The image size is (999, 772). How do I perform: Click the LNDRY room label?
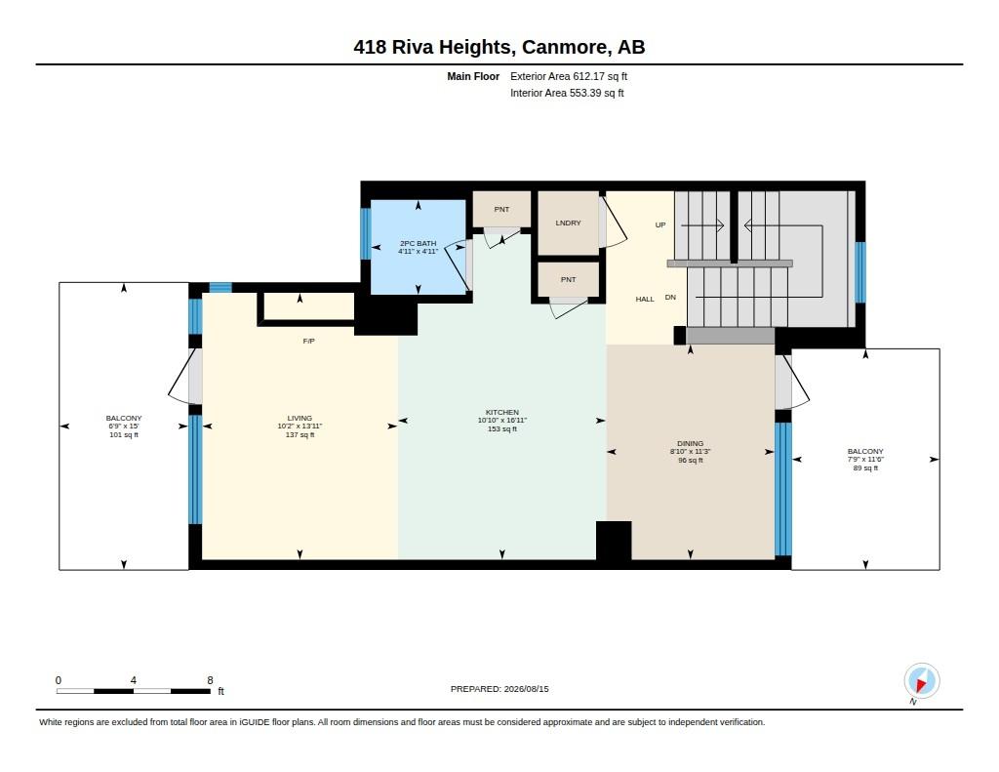568,223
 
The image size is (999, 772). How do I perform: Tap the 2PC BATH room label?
418,244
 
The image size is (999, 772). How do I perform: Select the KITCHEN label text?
502,413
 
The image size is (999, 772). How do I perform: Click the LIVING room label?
300,418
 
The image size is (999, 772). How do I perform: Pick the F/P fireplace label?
308,341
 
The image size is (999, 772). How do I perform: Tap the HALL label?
645,299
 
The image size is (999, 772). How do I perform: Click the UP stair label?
660,225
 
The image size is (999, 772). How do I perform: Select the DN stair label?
670,297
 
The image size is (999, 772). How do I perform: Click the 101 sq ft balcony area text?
124,434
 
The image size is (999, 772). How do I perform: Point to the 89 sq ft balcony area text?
865,467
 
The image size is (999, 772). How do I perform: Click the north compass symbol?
921,681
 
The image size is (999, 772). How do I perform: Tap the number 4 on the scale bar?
133,680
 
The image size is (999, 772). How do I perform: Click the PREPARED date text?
499,689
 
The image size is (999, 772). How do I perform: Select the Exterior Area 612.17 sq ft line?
569,76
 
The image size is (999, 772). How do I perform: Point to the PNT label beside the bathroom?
501,209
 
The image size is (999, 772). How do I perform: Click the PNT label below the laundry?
568,280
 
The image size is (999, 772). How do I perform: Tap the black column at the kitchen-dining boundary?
614,541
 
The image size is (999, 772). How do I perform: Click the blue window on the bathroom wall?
366,234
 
